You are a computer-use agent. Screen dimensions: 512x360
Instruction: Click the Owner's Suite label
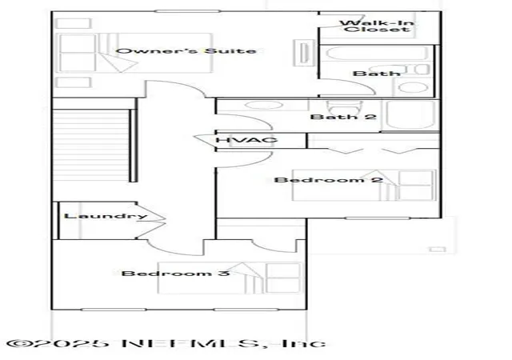[x=186, y=51]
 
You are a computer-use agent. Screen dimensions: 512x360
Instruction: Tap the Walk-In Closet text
[x=377, y=26]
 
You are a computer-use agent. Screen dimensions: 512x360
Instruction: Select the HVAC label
[x=247, y=141]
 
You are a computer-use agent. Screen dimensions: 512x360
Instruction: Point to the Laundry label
[x=106, y=216]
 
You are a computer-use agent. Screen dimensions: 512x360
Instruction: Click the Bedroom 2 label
[x=328, y=180]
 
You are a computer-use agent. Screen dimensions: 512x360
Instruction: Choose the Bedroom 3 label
[x=176, y=273]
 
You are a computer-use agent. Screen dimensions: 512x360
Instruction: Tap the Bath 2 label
[x=343, y=117]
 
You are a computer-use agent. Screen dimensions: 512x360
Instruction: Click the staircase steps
[x=91, y=146]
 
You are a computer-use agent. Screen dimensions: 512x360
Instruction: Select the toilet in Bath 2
[x=345, y=106]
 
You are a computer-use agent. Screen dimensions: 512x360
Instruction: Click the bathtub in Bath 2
[x=410, y=115]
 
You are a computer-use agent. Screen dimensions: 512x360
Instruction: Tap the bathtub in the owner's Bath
[x=375, y=54]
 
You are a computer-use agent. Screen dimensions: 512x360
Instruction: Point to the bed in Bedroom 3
[x=230, y=278]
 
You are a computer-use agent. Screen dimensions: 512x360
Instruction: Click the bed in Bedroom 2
[x=364, y=185]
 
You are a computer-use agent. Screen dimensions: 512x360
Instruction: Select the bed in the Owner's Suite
[x=134, y=53]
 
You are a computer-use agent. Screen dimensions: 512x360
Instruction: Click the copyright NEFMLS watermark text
[x=166, y=344]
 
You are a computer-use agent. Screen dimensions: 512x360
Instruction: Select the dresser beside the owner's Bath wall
[x=304, y=53]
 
